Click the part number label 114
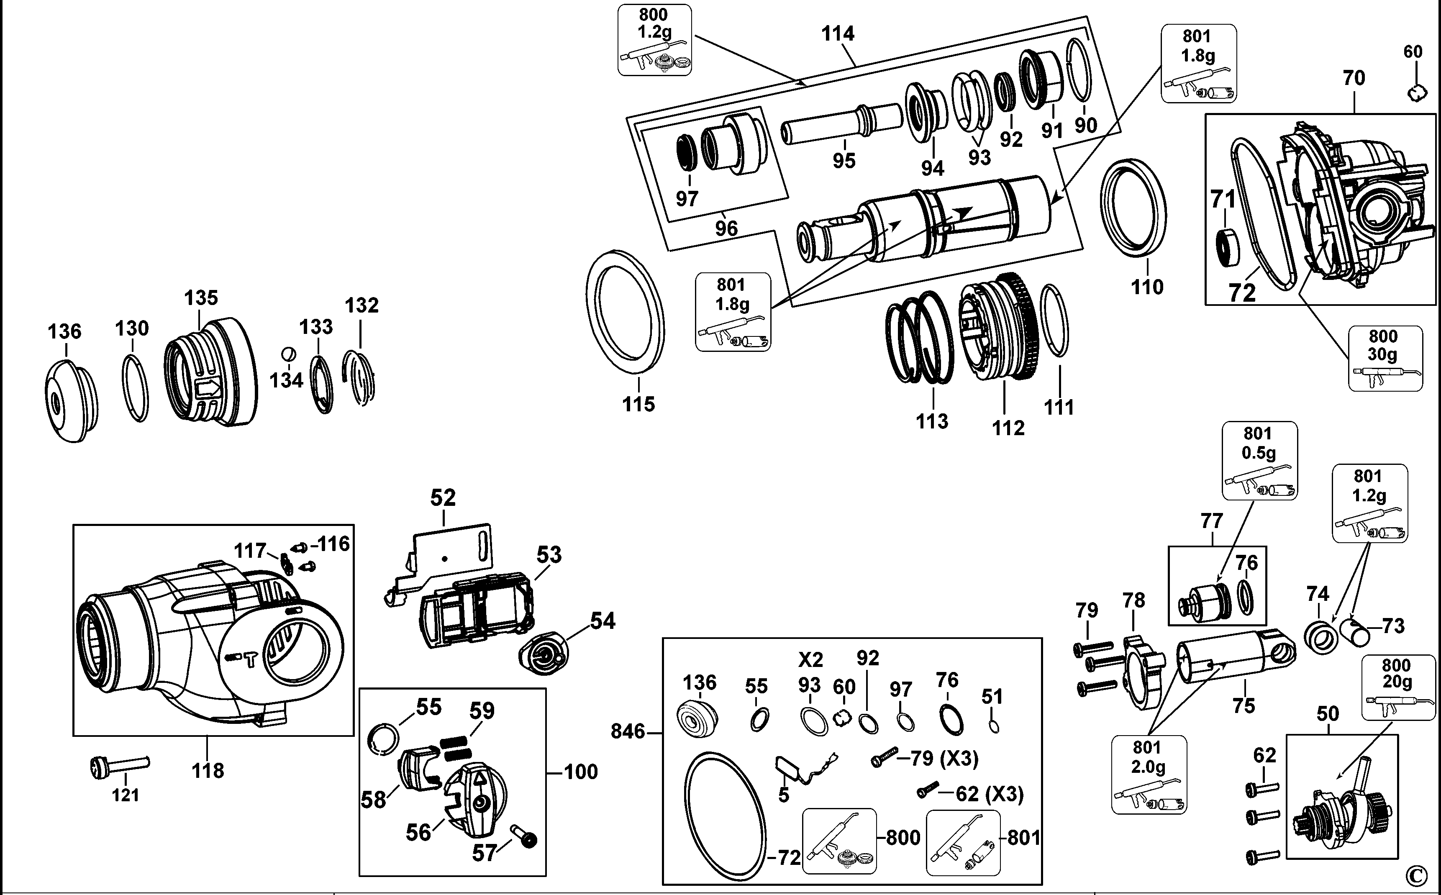pyautogui.click(x=837, y=34)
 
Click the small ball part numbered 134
pyautogui.click(x=289, y=354)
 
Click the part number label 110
pyautogui.click(x=1147, y=287)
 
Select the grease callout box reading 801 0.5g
pyautogui.click(x=1259, y=461)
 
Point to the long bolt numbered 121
pyautogui.click(x=121, y=766)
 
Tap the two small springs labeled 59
pyautogui.click(x=457, y=746)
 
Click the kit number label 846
pyautogui.click(x=627, y=732)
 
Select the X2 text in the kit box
pyautogui.click(x=810, y=659)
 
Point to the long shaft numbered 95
pyautogui.click(x=840, y=124)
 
